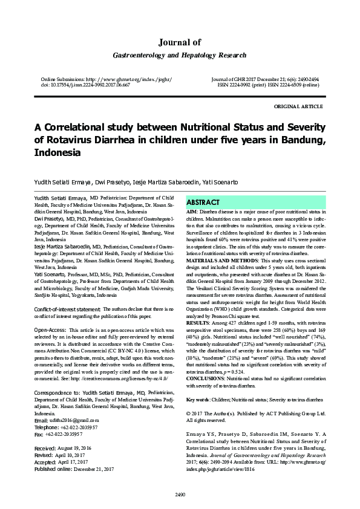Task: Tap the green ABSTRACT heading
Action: click(203, 202)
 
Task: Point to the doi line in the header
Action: click(85, 85)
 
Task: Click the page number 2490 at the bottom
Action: click(180, 495)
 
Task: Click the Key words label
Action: click(198, 399)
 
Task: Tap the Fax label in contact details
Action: click(40, 418)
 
